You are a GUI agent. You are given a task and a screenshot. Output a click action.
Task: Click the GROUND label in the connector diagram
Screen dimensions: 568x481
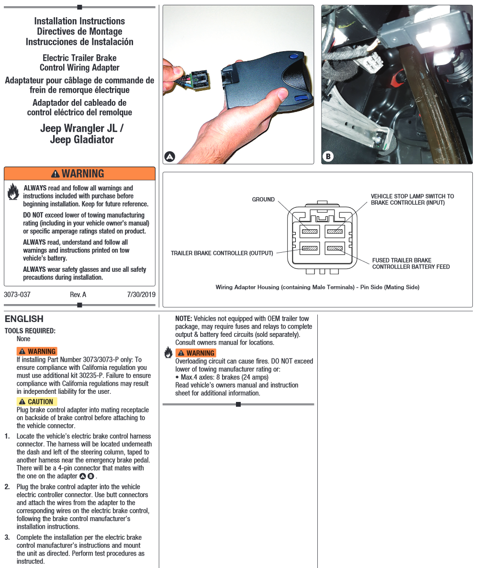tap(263, 199)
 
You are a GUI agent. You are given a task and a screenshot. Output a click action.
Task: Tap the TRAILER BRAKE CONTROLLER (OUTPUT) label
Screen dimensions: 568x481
tap(222, 253)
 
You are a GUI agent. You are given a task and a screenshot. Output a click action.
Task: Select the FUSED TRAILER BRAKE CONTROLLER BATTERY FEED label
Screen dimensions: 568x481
tap(411, 264)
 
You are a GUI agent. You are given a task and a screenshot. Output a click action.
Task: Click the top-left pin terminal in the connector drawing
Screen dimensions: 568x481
tap(309, 232)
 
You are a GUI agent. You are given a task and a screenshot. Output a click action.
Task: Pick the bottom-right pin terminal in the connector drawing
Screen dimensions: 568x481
tap(335, 248)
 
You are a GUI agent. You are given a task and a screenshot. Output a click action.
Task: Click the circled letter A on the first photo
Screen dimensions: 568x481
tap(169, 156)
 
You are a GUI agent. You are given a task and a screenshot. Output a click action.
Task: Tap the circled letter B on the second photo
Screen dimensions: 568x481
tap(328, 156)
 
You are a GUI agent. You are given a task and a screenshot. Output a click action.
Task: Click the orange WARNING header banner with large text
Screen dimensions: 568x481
tap(79, 173)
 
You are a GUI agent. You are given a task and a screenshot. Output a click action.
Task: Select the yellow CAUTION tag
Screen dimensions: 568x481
tap(37, 401)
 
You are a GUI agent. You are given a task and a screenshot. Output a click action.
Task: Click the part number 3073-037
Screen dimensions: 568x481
tap(17, 295)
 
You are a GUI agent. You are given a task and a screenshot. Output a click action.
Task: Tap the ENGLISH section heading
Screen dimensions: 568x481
tap(24, 319)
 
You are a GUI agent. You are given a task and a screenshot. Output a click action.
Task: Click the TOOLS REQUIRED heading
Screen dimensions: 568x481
tap(30, 331)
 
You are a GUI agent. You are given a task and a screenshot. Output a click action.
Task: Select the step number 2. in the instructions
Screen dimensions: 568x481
tap(7, 487)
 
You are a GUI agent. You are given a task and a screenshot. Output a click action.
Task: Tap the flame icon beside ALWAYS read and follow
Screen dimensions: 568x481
tap(13, 192)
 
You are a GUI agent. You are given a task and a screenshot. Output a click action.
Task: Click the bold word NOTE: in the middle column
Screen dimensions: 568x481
tap(184, 318)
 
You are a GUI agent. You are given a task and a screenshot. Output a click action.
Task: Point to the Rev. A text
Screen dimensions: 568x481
tap(78, 295)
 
